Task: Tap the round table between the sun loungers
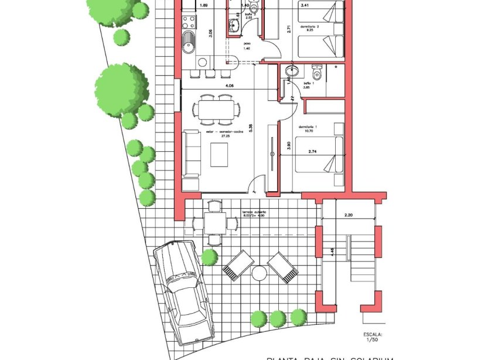tap(259, 273)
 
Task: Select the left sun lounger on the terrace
tap(238, 265)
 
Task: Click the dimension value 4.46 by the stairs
tap(333, 254)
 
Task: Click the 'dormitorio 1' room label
tap(308, 127)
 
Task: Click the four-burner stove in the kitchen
tap(189, 23)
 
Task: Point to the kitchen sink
tap(189, 42)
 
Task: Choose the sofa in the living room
tap(192, 154)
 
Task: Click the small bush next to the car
tap(209, 257)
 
